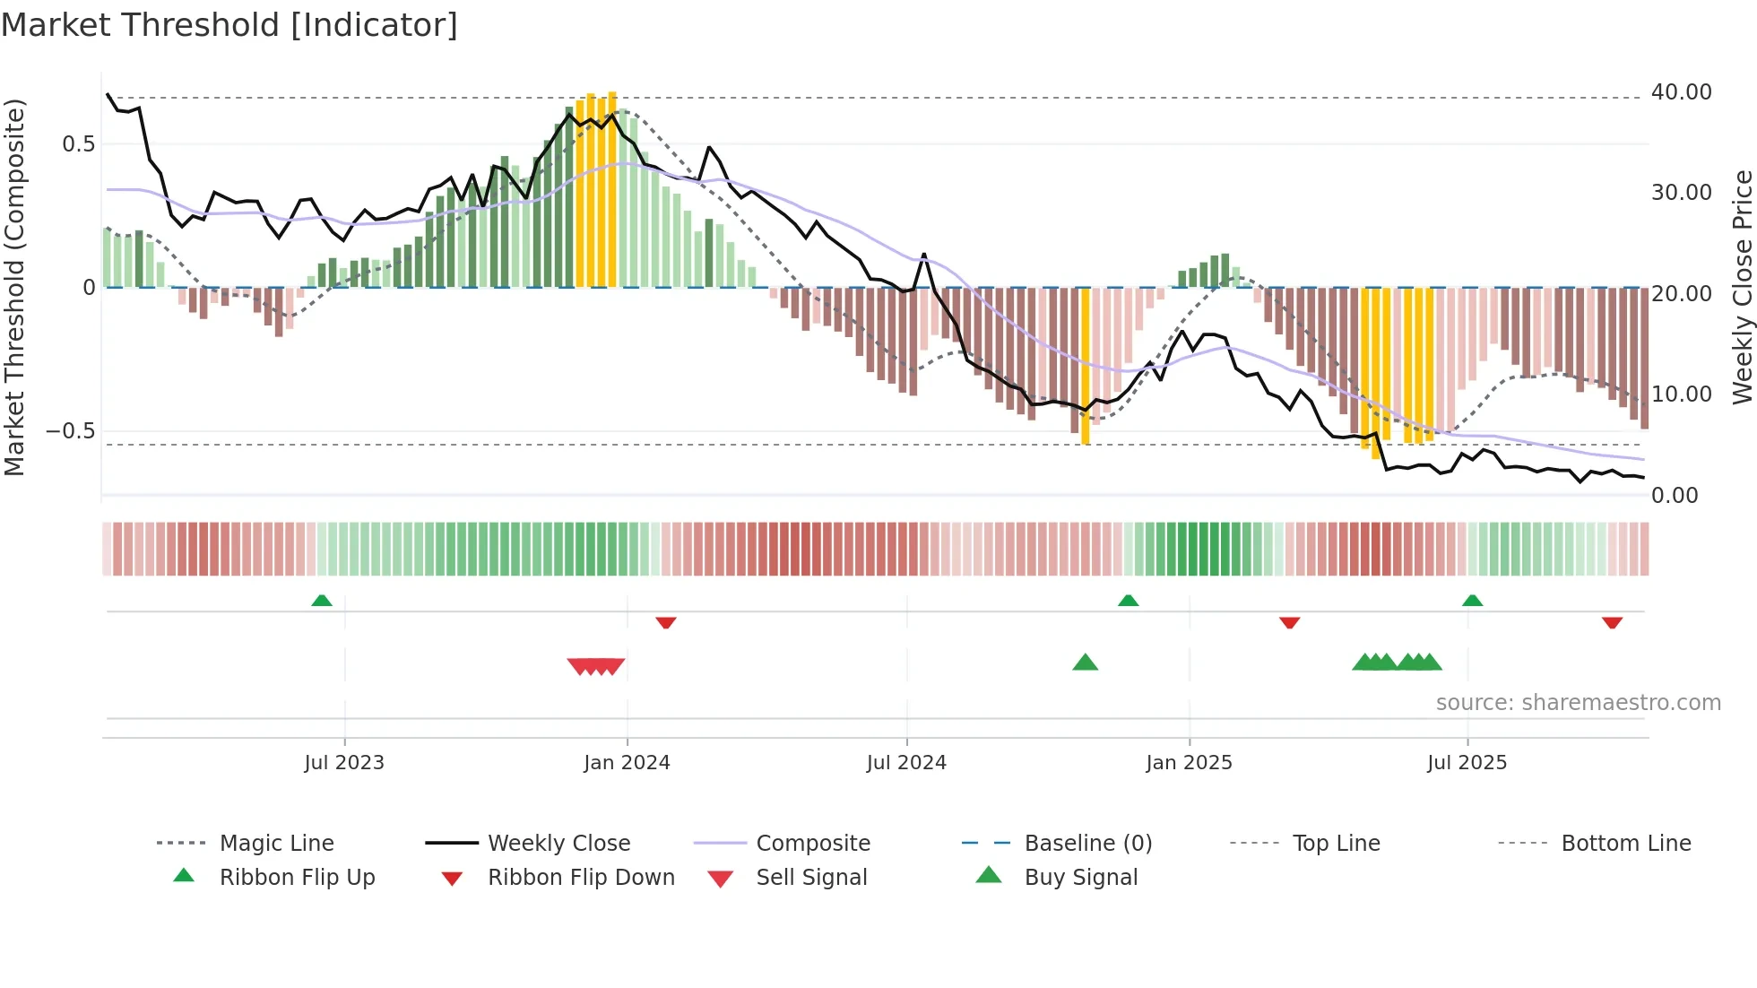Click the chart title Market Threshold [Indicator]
tap(229, 25)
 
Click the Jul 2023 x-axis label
tap(344, 763)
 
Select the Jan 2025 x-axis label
tap(1189, 763)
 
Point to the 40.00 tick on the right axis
tap(1681, 92)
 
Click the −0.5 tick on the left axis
tap(71, 431)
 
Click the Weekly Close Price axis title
tap(1742, 287)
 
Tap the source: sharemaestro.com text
tap(1578, 703)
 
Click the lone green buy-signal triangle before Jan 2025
tap(1085, 663)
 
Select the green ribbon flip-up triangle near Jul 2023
tap(322, 601)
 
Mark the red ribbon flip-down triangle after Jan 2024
tap(665, 622)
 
